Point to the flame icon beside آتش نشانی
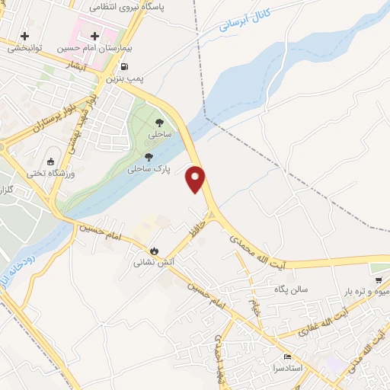pyautogui.click(x=154, y=251)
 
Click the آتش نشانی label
pyautogui.click(x=149, y=263)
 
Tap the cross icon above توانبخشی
pyautogui.click(x=25, y=36)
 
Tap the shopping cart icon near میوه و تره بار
pyautogui.click(x=378, y=280)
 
